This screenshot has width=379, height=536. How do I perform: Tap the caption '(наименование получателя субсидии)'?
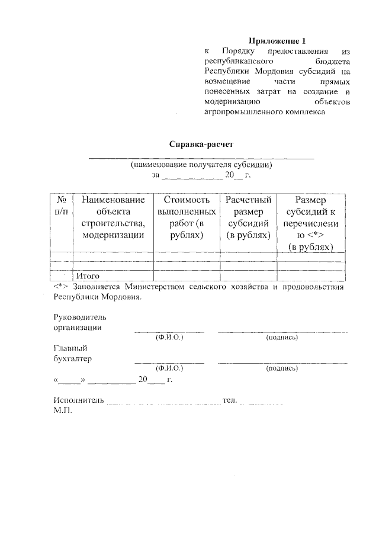click(x=201, y=165)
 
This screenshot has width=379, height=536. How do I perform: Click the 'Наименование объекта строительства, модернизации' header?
click(x=113, y=217)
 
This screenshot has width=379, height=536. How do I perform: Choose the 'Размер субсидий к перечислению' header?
click(x=310, y=223)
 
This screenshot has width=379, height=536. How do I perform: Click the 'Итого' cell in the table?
click(x=87, y=276)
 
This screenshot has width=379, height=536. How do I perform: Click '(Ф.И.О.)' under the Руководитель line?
click(x=169, y=337)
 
